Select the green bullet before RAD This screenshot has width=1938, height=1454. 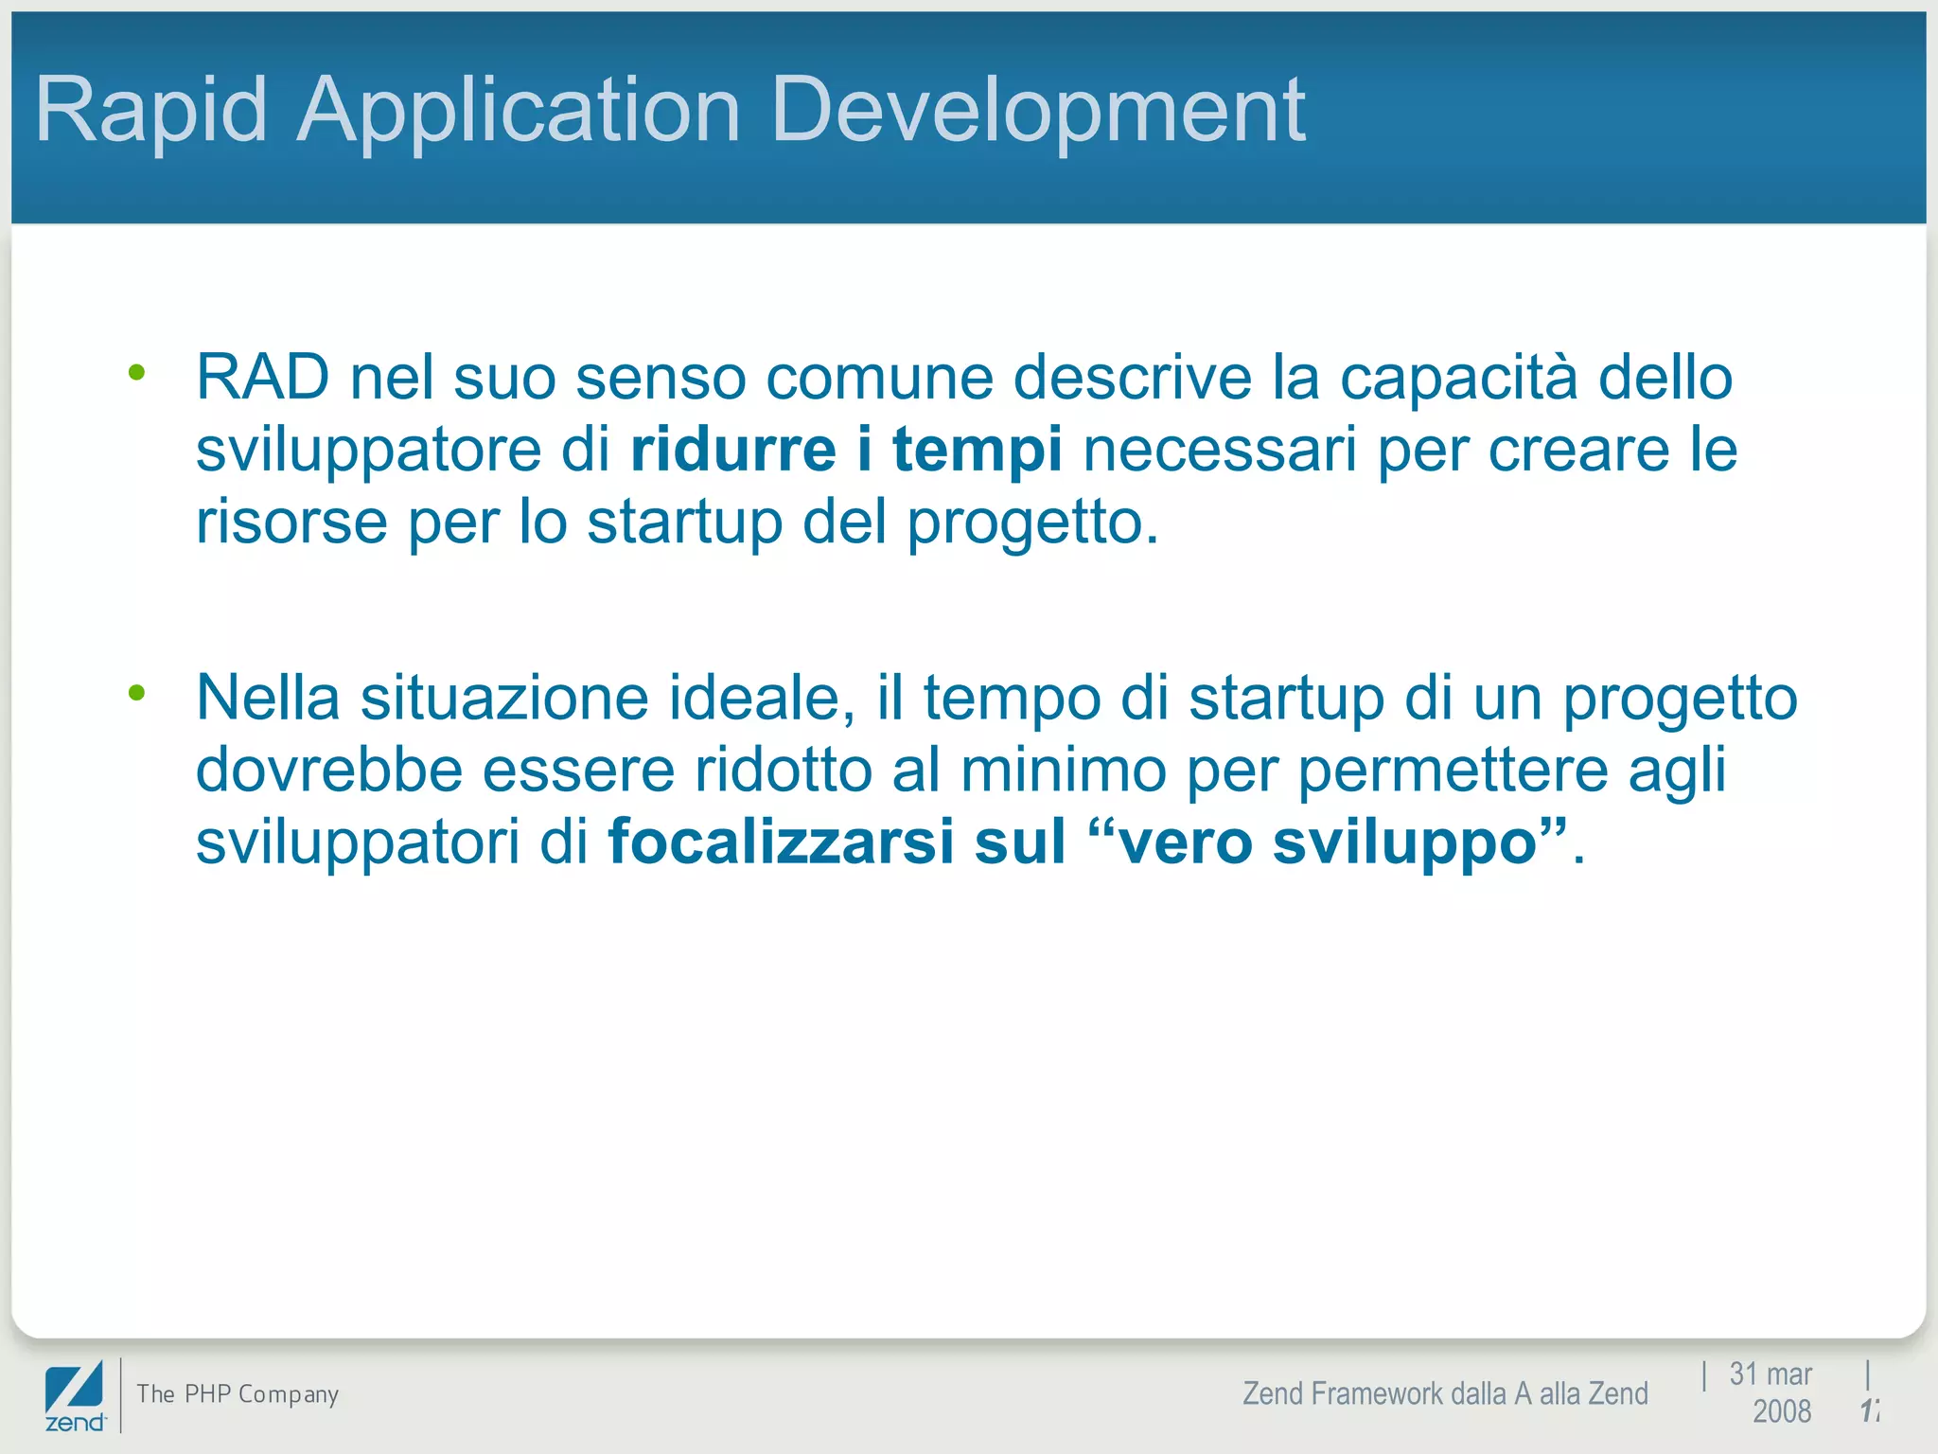(x=137, y=373)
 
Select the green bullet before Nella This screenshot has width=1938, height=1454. (x=137, y=693)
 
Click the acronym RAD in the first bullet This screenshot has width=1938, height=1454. (x=262, y=377)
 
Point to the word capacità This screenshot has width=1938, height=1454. (x=1458, y=377)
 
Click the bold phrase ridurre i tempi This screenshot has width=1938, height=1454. (x=846, y=449)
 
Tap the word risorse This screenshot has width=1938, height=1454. (x=291, y=522)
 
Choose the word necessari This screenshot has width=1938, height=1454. (x=1220, y=449)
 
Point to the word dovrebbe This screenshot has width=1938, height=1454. (x=328, y=769)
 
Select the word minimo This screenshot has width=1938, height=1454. (x=1063, y=769)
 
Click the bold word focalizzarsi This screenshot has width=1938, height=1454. (x=781, y=841)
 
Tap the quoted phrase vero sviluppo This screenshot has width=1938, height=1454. (x=1328, y=841)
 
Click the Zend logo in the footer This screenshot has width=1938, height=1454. (x=75, y=1396)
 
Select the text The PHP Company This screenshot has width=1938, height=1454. (x=238, y=1393)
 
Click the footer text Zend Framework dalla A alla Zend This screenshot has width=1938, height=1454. (x=1444, y=1393)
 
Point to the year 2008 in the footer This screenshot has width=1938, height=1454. (x=1781, y=1411)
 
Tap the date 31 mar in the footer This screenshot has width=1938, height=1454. (x=1770, y=1374)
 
